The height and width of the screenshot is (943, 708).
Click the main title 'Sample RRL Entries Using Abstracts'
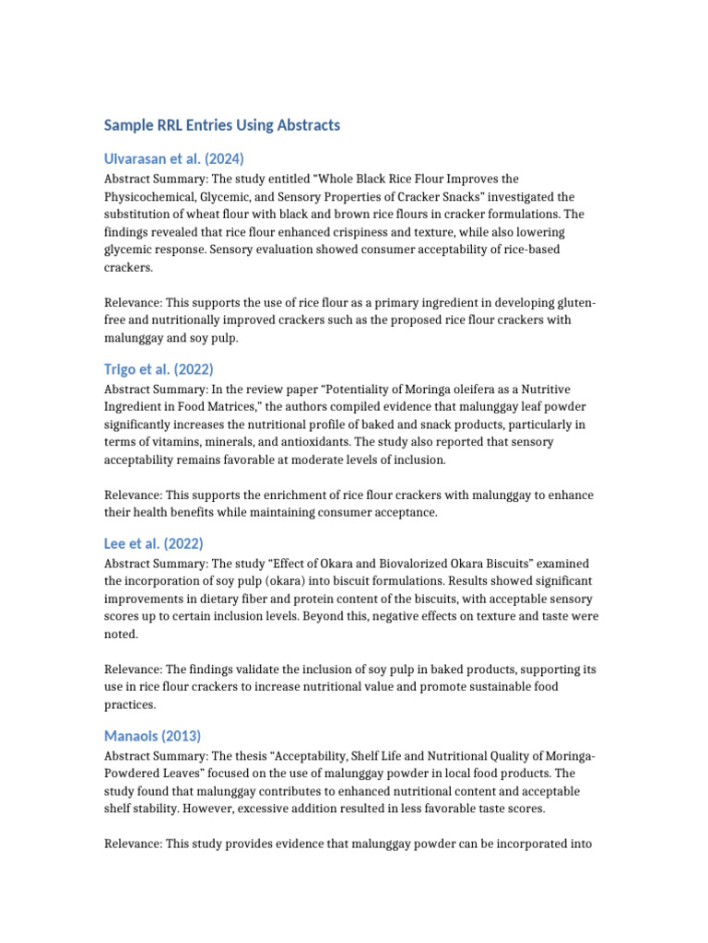221,124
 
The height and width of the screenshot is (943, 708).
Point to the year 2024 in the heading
224,157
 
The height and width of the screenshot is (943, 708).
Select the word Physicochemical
150,197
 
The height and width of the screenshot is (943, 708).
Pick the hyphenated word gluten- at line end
573,303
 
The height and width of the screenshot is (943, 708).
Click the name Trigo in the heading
122,369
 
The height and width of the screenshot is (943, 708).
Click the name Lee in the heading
116,543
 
